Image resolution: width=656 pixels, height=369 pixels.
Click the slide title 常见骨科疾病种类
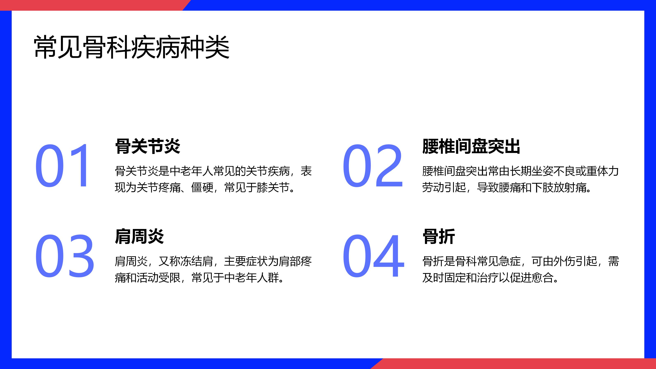(132, 47)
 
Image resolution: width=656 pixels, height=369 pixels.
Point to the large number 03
(64, 256)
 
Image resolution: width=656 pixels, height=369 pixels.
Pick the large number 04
(374, 256)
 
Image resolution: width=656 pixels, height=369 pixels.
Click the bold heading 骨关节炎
(148, 146)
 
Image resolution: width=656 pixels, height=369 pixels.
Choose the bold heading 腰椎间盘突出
(471, 146)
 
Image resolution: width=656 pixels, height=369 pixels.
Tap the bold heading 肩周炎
(139, 237)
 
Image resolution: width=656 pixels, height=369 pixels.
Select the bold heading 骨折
(438, 237)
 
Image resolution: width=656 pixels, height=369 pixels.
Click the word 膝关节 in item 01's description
(273, 187)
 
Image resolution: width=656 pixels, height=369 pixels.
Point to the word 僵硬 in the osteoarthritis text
(202, 187)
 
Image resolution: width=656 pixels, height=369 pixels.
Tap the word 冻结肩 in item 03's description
(197, 261)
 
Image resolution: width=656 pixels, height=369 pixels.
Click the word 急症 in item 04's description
(510, 261)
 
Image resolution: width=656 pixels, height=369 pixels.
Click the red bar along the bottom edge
(514, 364)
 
